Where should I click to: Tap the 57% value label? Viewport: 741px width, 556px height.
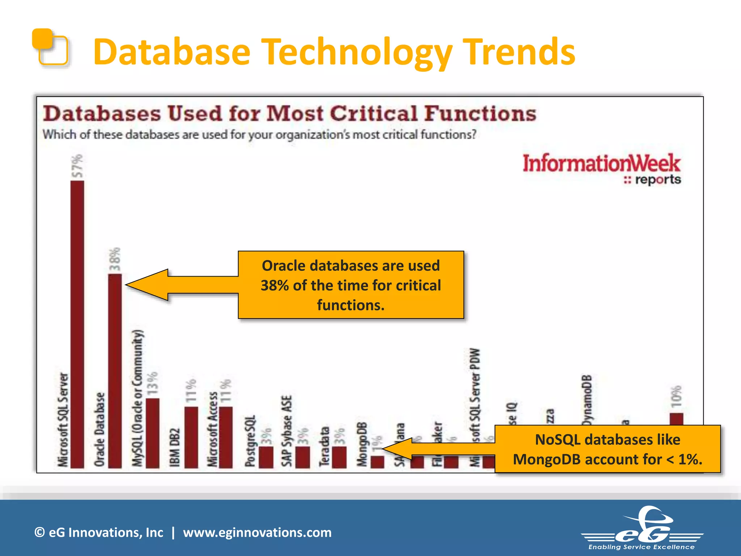77,166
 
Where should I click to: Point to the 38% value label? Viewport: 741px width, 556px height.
115,259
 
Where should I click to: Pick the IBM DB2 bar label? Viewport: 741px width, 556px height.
175,448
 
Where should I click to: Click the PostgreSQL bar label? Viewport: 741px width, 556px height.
250,441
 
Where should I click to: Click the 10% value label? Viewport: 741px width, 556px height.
676,396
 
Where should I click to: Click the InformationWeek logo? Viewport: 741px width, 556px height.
601,169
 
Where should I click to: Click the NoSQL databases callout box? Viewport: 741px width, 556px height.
607,449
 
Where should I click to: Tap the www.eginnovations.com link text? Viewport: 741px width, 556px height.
257,532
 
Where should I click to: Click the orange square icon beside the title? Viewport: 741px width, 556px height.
51,47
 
